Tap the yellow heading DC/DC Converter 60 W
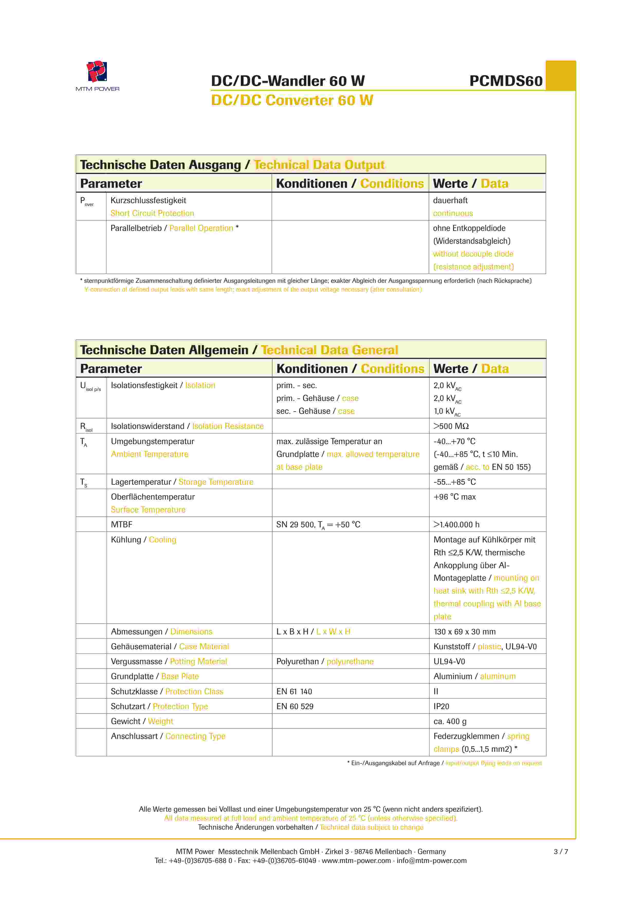click(x=292, y=100)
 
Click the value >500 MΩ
click(x=451, y=426)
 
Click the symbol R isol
click(x=86, y=427)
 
